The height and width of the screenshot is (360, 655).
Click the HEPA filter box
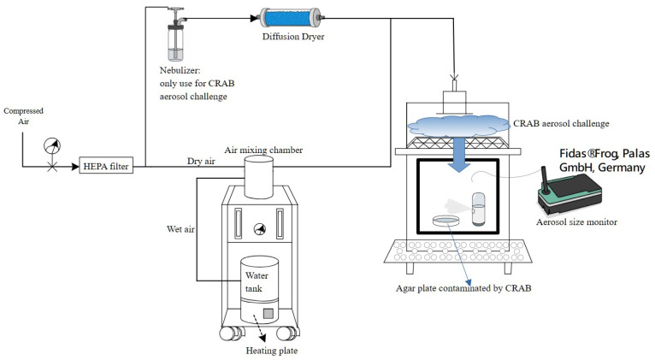(106, 166)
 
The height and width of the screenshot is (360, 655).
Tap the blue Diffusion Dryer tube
(292, 18)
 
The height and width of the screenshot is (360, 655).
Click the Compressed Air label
(23, 115)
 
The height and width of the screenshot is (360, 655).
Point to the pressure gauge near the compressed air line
(52, 146)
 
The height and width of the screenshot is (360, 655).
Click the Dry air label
(201, 162)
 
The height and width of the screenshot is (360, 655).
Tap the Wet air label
(180, 229)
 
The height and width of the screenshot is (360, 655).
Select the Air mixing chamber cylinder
(259, 177)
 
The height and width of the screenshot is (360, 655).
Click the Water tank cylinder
(259, 289)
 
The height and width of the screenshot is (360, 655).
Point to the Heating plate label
(272, 351)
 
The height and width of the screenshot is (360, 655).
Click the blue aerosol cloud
(458, 126)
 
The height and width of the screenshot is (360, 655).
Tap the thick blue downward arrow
(459, 155)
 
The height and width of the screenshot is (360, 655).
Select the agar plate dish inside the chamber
(446, 220)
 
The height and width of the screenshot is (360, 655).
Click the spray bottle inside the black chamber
(479, 209)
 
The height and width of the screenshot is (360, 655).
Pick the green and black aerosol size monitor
(569, 190)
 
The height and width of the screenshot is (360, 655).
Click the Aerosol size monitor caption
(576, 221)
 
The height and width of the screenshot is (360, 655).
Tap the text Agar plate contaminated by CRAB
(463, 288)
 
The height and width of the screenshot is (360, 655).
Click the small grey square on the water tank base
(268, 313)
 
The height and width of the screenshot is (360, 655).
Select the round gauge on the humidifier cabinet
(260, 229)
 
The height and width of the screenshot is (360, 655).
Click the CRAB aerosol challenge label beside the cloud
(561, 124)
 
